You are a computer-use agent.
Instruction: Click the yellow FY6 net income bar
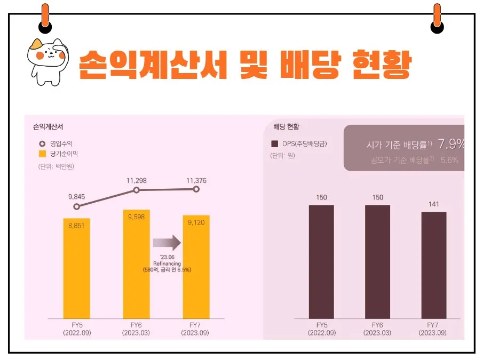[136, 264]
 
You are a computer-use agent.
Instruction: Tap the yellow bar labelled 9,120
[196, 267]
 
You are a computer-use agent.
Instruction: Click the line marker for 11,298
[137, 190]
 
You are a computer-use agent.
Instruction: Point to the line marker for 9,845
[76, 206]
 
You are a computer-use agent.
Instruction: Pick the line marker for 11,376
[196, 189]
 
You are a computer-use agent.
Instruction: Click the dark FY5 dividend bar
[321, 261]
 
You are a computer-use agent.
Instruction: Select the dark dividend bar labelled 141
[434, 265]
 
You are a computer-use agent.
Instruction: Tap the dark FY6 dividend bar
[377, 261]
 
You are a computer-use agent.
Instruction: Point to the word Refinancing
[167, 263]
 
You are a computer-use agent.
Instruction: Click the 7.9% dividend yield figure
[451, 144]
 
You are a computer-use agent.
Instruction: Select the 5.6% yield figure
[449, 160]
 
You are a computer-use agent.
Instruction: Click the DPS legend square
[275, 144]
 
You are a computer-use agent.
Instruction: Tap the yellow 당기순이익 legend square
[42, 154]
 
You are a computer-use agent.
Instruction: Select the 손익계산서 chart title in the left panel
[48, 127]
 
